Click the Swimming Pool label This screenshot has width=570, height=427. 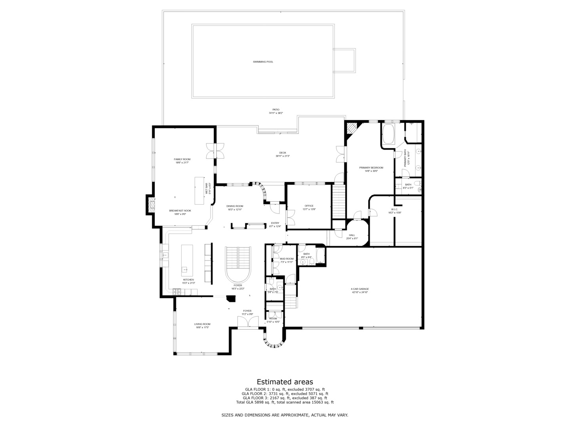(x=263, y=62)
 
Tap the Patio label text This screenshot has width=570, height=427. (x=275, y=110)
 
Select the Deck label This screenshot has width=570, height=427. (x=283, y=153)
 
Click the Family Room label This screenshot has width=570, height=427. (x=182, y=159)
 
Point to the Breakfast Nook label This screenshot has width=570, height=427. (x=180, y=211)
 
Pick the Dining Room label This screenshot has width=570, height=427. (x=235, y=206)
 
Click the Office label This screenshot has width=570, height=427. (x=309, y=206)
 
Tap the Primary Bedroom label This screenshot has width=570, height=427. (x=371, y=168)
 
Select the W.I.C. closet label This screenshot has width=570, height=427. (x=395, y=210)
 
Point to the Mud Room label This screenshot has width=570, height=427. (x=287, y=259)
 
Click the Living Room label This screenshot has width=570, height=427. (x=202, y=324)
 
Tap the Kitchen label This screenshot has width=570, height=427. (x=188, y=280)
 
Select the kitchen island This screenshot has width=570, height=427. (x=187, y=261)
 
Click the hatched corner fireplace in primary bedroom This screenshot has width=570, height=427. (x=351, y=128)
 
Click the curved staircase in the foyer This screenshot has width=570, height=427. (x=238, y=263)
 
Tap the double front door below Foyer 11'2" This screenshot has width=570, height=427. (x=247, y=322)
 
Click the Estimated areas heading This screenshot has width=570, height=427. (x=285, y=382)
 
